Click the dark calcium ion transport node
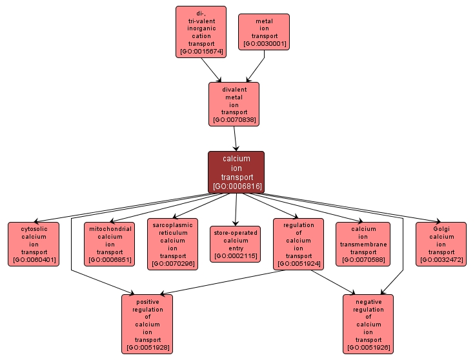pyautogui.click(x=236, y=172)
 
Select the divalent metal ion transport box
pyautogui.click(x=234, y=103)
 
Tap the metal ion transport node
pyautogui.click(x=264, y=32)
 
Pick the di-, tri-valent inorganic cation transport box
pyautogui.click(x=201, y=32)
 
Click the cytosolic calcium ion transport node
pyautogui.click(x=33, y=244)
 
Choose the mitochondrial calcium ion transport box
pyautogui.click(x=109, y=244)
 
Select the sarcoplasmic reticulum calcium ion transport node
pyautogui.click(x=172, y=244)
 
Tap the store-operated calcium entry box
pyautogui.click(x=236, y=244)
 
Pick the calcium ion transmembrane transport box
pyautogui.click(x=363, y=244)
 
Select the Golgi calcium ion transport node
pyautogui.click(x=441, y=244)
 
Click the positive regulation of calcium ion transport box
pyautogui.click(x=148, y=323)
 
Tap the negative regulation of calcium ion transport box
pyautogui.click(x=368, y=323)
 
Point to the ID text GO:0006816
pyautogui.click(x=236, y=186)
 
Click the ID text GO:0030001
pyautogui.click(x=264, y=44)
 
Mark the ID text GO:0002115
pyautogui.click(x=236, y=256)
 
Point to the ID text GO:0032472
pyautogui.click(x=441, y=260)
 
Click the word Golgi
pyautogui.click(x=441, y=228)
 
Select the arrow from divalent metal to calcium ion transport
pyautogui.click(x=236, y=138)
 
